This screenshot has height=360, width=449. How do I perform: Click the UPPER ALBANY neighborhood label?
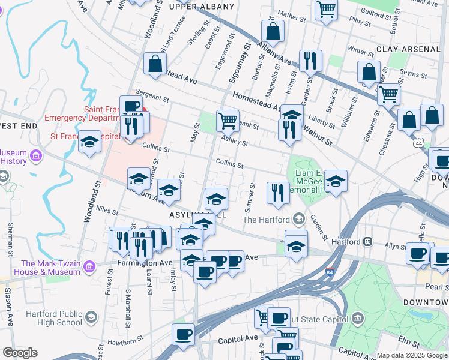pos(202,7)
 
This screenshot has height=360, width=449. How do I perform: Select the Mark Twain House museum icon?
pos(89,264)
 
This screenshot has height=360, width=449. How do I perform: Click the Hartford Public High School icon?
pos(91,317)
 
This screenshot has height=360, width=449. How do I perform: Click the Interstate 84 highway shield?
pos(330,271)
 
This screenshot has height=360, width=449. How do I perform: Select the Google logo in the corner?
pos(20,353)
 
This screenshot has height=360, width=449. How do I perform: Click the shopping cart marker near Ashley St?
pos(228,121)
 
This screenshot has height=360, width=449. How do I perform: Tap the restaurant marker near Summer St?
pos(277,193)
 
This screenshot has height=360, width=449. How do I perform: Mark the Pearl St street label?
pos(437,287)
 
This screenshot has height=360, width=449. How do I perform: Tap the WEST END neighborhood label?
pos(18,125)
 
